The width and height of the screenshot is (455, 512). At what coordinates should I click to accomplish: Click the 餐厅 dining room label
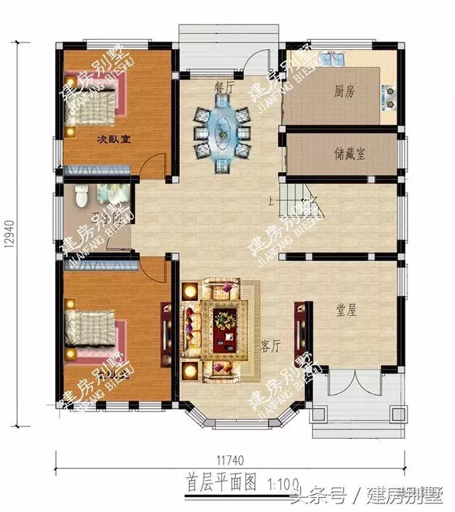coord(225,87)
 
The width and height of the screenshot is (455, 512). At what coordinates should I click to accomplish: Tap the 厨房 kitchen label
coord(345,91)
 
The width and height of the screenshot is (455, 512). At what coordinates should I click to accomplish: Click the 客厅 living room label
coord(271,346)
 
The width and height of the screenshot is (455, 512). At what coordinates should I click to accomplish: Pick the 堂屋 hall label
coord(346,310)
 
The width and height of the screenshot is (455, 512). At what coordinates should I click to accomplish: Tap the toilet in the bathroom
coord(81,193)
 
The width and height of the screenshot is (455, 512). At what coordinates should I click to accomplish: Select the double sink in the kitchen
coord(331,59)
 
